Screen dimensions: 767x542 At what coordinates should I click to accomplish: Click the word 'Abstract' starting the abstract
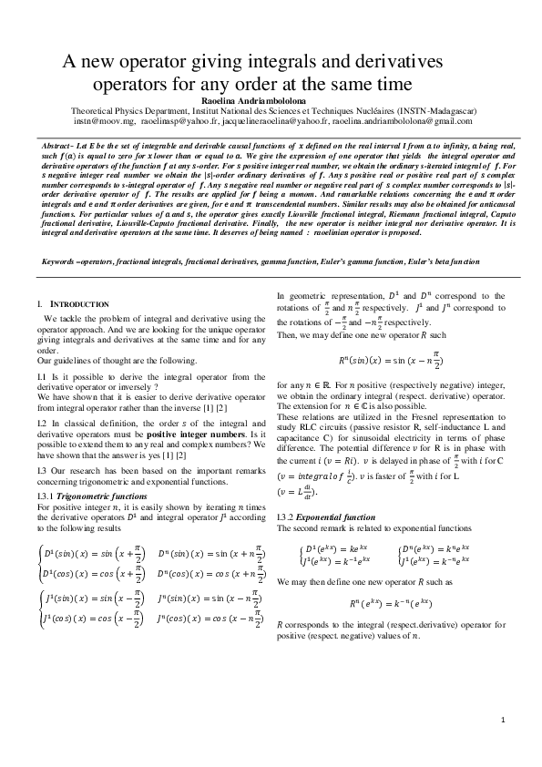coord(59,146)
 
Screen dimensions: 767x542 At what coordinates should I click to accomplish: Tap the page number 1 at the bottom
coord(502,721)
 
